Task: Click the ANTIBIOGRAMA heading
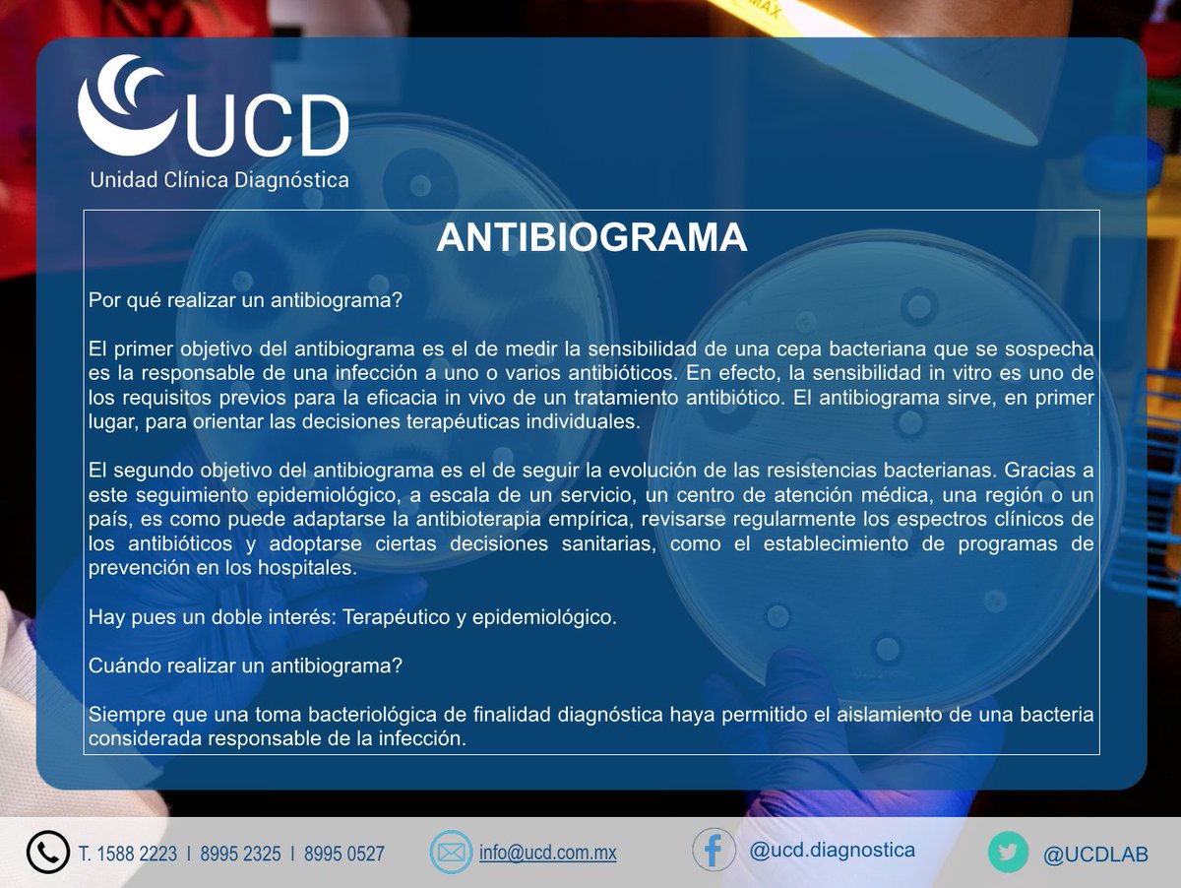(x=591, y=238)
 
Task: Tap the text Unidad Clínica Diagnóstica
(x=219, y=180)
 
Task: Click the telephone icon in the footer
(x=47, y=853)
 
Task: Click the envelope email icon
(x=451, y=853)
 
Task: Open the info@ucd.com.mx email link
(x=548, y=853)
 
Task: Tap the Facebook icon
(x=714, y=851)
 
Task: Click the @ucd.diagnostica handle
(x=833, y=850)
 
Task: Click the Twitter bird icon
(x=1008, y=853)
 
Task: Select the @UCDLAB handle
(x=1095, y=854)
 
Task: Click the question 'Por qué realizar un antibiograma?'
(x=245, y=300)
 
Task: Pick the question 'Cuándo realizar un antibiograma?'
(x=245, y=665)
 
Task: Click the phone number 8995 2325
(x=241, y=854)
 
